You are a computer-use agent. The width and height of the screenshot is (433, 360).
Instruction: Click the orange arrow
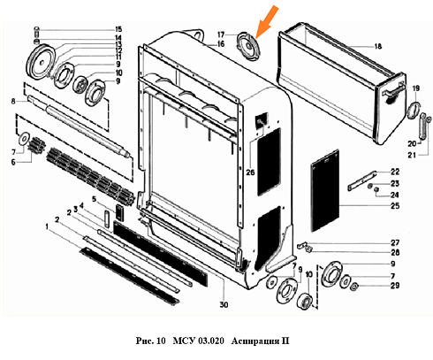pos(267,22)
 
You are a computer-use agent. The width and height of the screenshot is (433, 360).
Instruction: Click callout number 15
pos(118,29)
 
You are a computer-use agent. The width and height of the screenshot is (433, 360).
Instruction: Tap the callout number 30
pos(224,304)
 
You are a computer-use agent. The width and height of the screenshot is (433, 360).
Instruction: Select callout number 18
pos(378,46)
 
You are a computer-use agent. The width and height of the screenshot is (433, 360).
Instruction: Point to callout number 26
pos(250,172)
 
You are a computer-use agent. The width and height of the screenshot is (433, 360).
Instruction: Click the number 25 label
pos(395,206)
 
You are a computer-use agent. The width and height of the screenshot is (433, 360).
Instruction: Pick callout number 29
pos(395,286)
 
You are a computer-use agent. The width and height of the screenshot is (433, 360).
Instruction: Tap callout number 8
pos(13,102)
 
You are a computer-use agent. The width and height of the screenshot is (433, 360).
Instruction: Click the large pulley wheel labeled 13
pos(41,62)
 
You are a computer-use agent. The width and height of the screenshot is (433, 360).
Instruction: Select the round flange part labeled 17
pos(249,47)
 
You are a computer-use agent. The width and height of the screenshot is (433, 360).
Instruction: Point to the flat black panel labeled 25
pos(325,190)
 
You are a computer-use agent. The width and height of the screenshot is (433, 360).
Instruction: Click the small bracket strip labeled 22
pos(362,180)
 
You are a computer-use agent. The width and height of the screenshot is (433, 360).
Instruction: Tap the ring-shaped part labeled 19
pos(414,110)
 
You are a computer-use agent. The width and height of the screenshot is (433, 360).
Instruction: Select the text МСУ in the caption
pos(184,341)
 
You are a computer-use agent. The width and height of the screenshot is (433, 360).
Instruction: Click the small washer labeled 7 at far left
pos(23,138)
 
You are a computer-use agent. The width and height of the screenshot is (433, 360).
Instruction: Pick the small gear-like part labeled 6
pos(35,145)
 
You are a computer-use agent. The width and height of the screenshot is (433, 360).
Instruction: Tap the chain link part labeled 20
pos(423,126)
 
